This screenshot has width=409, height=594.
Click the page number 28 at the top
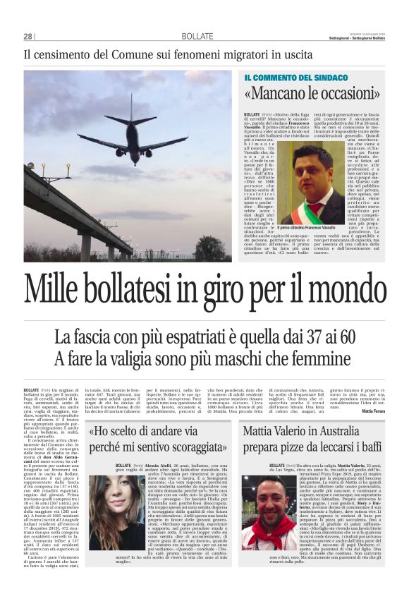28,37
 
